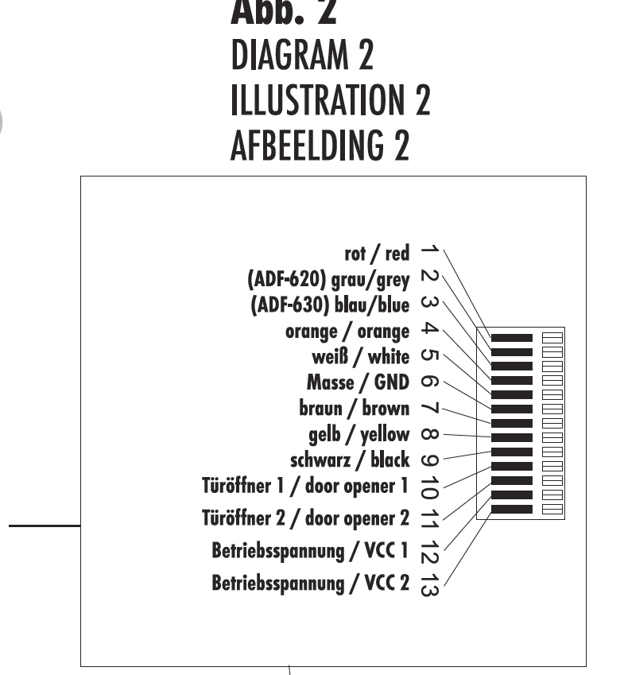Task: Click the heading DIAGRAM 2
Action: (301, 55)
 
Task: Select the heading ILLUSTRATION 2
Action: (330, 101)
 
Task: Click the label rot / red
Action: (377, 254)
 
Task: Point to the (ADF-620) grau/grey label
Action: (328, 280)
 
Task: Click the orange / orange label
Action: (347, 332)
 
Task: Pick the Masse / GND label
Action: (358, 382)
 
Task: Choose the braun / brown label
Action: (354, 409)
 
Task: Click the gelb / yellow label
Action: (359, 434)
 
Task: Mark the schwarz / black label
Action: (350, 460)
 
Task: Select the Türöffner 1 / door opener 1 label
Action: (306, 486)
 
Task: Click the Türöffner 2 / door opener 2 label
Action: (306, 519)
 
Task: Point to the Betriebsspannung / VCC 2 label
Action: (311, 583)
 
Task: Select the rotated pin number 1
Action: (428, 250)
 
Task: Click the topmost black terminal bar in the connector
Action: (511, 338)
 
